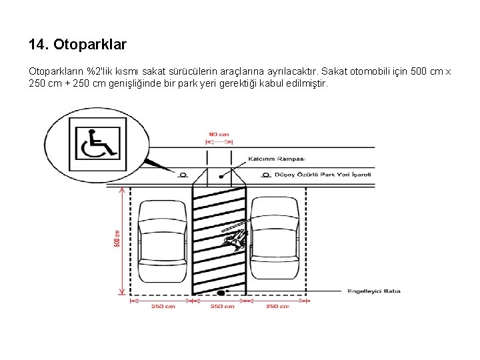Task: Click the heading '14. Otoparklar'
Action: click(77, 45)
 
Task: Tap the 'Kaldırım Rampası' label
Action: click(276, 159)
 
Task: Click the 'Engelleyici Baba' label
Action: click(373, 291)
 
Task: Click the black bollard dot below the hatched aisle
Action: click(220, 292)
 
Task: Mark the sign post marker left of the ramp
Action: click(183, 175)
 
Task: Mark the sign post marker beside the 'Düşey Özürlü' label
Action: click(259, 175)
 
